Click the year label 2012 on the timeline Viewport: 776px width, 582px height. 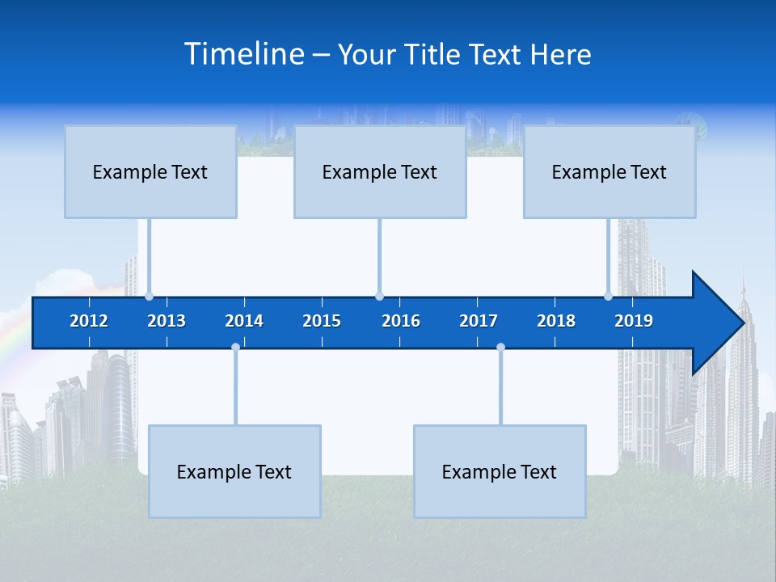click(89, 321)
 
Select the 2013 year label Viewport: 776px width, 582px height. click(167, 321)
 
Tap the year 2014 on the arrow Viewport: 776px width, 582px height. click(244, 321)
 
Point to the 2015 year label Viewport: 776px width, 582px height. click(322, 321)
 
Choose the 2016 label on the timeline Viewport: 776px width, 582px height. click(401, 321)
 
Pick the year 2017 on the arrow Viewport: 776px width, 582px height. click(479, 321)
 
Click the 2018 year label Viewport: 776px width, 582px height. click(556, 321)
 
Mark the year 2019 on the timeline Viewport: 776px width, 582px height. click(634, 321)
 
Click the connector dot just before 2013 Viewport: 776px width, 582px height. click(149, 296)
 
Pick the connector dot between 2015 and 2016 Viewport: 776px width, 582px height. click(379, 296)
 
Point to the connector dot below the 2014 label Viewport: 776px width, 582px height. click(235, 348)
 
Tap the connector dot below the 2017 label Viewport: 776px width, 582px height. click(500, 348)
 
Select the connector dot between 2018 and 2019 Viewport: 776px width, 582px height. click(608, 296)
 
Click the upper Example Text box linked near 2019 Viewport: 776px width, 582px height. click(609, 171)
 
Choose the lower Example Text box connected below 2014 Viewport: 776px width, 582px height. click(234, 471)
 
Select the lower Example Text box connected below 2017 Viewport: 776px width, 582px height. click(500, 471)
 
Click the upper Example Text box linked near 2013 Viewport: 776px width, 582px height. click(150, 171)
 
